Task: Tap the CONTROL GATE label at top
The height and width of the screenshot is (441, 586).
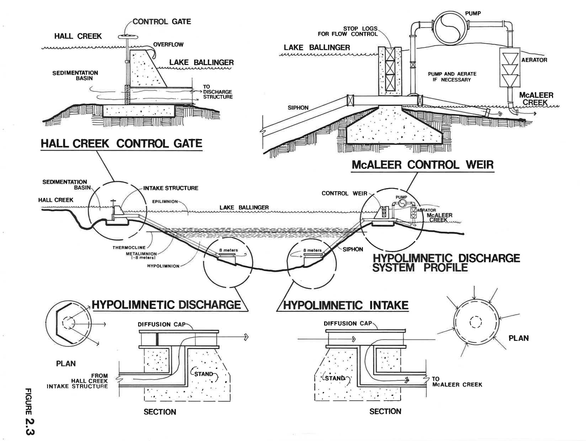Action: [162, 21]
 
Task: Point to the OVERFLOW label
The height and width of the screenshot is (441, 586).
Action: [169, 44]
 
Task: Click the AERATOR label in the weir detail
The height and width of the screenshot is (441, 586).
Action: [534, 60]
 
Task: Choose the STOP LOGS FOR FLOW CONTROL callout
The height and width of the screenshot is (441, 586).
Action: [348, 31]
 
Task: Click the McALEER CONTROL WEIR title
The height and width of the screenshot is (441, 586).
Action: [423, 165]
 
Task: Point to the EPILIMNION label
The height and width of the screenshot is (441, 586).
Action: [165, 202]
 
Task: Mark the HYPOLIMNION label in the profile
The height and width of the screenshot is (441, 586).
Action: [163, 266]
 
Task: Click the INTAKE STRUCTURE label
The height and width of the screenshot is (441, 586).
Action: [171, 188]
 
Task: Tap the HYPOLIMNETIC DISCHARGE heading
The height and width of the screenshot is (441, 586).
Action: [166, 305]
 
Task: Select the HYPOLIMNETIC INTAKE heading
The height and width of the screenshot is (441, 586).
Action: [346, 305]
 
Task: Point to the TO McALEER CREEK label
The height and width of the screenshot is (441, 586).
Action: [457, 382]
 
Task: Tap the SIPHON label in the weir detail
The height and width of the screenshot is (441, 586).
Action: [298, 108]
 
